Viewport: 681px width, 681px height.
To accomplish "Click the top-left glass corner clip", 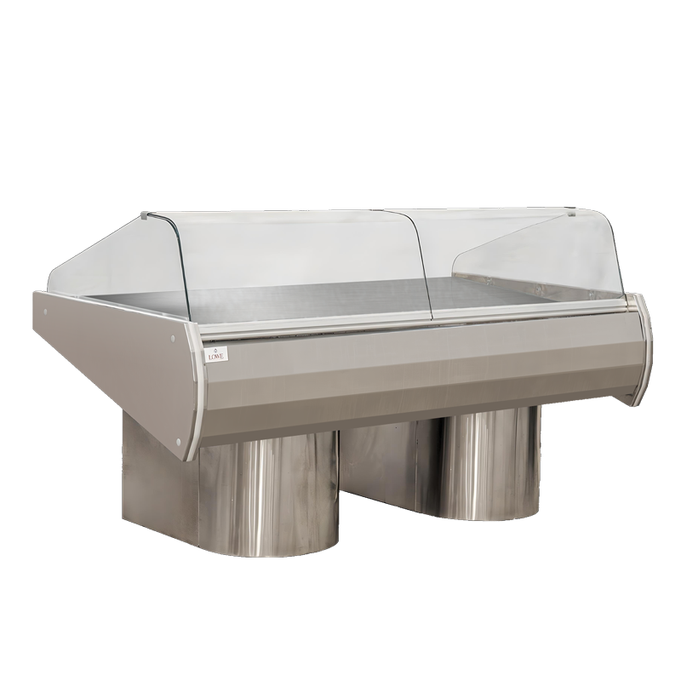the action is (x=146, y=215).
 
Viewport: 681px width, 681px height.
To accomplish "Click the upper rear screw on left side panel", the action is (x=46, y=311).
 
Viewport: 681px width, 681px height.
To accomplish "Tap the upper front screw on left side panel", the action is (x=173, y=337).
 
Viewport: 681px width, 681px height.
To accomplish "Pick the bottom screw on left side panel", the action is (x=180, y=441).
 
